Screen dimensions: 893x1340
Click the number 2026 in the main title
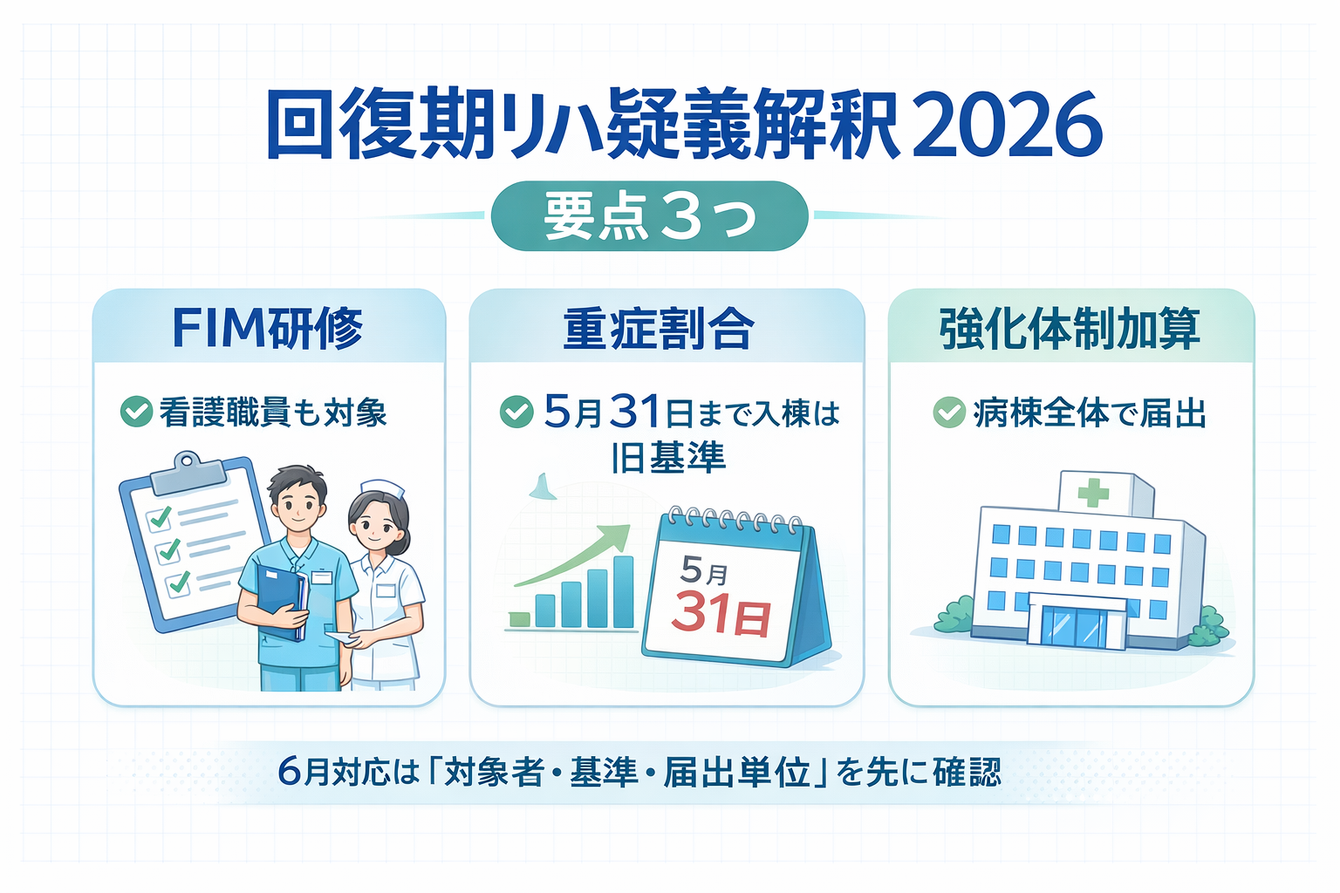[x=1008, y=125]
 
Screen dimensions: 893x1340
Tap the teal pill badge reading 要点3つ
[x=650, y=216]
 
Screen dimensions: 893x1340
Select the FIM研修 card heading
[x=268, y=328]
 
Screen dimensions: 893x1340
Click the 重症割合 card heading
[x=659, y=329]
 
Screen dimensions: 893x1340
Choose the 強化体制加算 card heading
[x=1070, y=329]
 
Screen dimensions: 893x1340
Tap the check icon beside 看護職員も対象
[x=136, y=412]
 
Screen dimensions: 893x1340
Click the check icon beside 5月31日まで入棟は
[x=516, y=412]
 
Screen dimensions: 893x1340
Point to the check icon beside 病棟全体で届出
[x=949, y=412]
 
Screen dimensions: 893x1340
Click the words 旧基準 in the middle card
[x=669, y=458]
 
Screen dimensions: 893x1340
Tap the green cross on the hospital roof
[x=1093, y=493]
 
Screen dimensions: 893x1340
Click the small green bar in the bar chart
[x=520, y=619]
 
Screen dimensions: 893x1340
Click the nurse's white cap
[x=384, y=487]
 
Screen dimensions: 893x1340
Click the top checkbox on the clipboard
[x=159, y=518]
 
